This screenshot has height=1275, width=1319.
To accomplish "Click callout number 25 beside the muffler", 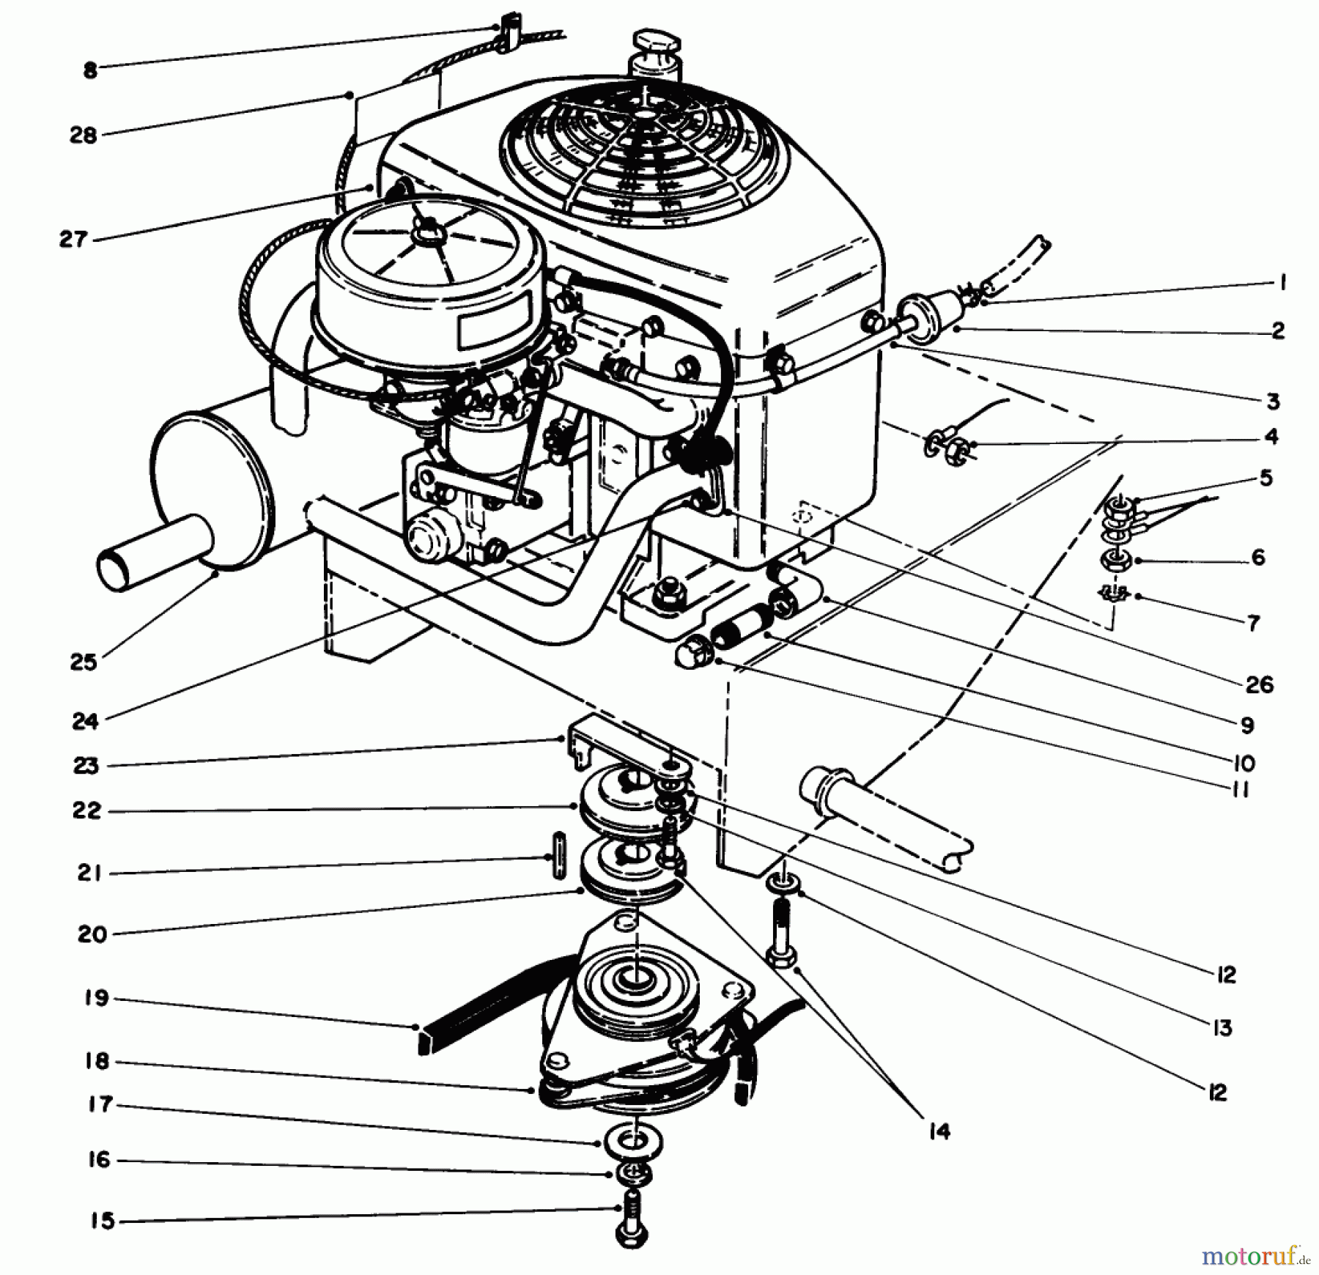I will coord(84,662).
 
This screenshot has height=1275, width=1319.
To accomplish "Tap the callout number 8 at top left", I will coord(89,71).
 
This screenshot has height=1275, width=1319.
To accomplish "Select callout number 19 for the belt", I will coord(96,997).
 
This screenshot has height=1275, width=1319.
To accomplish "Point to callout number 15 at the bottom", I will coord(103,1221).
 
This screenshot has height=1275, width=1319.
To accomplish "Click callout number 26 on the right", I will coord(1259,684).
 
